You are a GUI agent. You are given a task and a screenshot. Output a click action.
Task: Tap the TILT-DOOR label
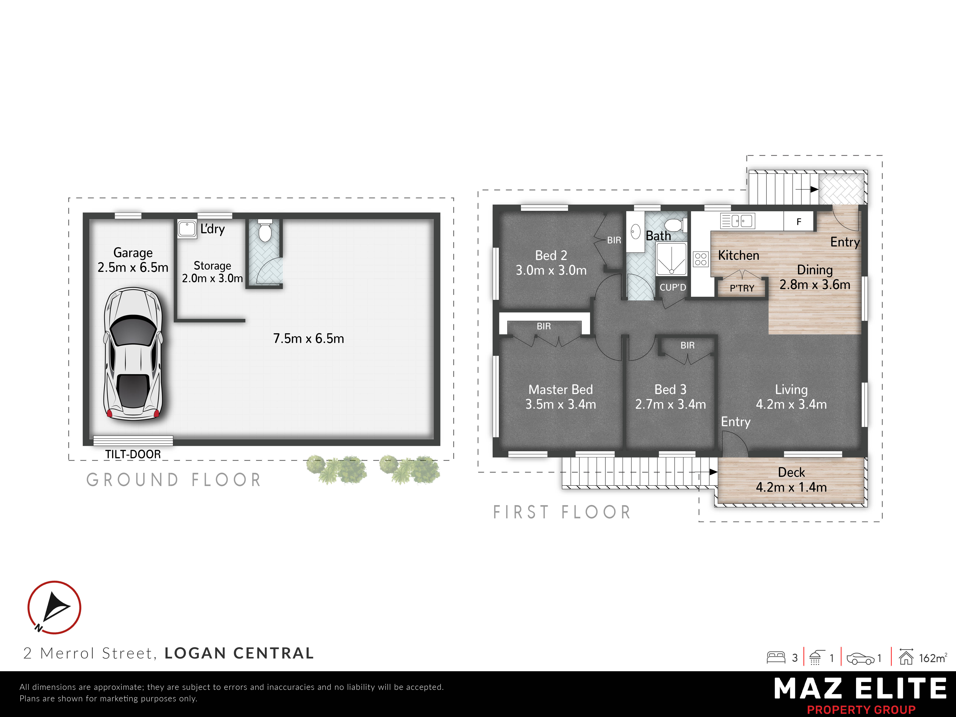[x=133, y=454]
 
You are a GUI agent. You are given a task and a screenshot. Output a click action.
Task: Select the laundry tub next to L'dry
[x=187, y=229]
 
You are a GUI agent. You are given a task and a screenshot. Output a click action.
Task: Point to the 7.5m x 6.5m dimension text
[x=309, y=338]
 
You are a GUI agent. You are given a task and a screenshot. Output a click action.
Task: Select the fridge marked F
[x=799, y=221]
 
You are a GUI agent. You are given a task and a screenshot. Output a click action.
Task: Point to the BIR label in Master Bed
[x=544, y=326]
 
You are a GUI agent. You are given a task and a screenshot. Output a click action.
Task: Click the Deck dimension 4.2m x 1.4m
[x=791, y=487]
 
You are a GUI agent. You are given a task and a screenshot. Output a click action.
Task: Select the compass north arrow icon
[x=54, y=607]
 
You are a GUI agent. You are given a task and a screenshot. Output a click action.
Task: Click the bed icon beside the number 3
[x=776, y=657]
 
